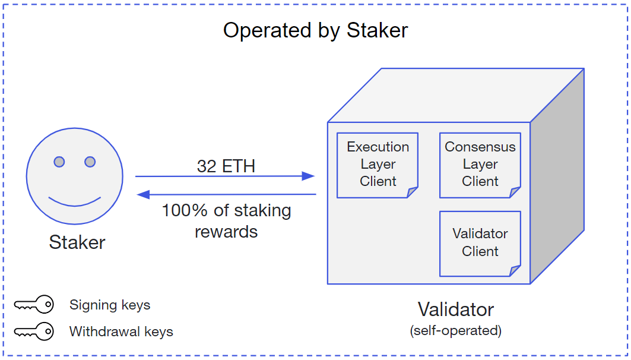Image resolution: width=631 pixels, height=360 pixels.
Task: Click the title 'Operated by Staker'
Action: [x=315, y=30]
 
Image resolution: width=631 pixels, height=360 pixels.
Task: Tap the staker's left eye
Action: [x=59, y=162]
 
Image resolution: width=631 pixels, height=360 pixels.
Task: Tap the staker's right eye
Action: [x=90, y=162]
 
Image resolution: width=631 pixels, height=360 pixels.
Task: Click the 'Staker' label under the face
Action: [x=77, y=242]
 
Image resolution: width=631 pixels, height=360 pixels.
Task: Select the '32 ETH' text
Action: [x=226, y=166]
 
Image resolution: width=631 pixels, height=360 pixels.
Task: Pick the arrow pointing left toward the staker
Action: [x=226, y=194]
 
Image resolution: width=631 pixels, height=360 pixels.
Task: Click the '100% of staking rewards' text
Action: [x=226, y=220]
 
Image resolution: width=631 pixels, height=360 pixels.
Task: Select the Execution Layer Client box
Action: [x=378, y=165]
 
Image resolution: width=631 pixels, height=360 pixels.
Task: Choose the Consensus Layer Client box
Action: [x=480, y=165]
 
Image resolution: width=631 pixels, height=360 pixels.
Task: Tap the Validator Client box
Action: [x=480, y=243]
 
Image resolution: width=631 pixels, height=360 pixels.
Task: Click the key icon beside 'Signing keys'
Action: [x=34, y=305]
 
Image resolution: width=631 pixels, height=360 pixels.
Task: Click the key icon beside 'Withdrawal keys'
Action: [x=34, y=331]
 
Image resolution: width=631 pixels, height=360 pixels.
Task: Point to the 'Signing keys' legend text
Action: [x=110, y=305]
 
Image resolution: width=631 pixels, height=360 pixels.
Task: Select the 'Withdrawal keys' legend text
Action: [x=121, y=331]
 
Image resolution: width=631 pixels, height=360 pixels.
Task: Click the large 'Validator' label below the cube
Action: [x=455, y=310]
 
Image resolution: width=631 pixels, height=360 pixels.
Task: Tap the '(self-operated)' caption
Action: [x=455, y=330]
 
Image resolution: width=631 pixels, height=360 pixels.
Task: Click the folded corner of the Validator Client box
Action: [x=515, y=271]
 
